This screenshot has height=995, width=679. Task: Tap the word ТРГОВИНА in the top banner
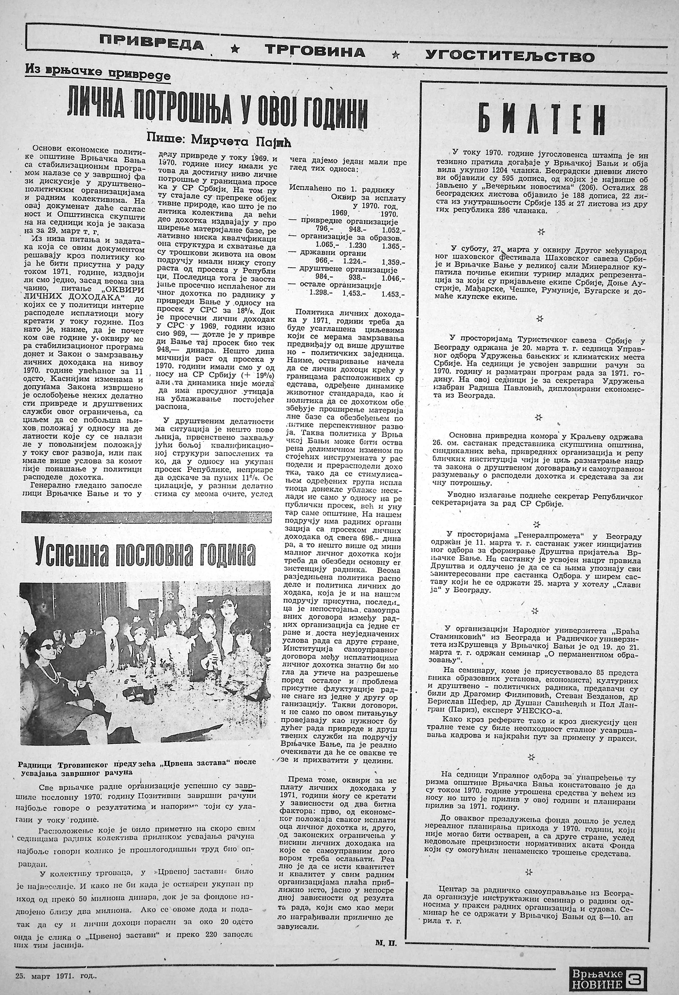[315, 52]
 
